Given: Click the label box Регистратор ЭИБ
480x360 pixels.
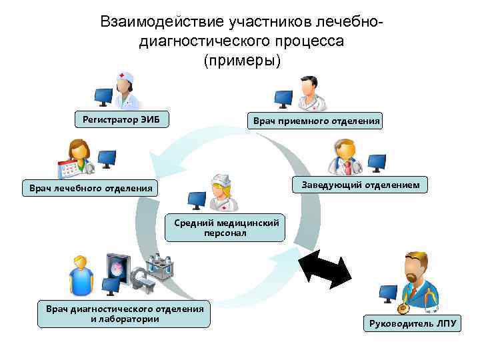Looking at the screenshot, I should tap(121, 120).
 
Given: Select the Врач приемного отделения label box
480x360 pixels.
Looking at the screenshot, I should tap(314, 121).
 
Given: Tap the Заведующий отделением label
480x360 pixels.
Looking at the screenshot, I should tap(360, 185).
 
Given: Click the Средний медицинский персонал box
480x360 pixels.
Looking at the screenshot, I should tap(226, 227).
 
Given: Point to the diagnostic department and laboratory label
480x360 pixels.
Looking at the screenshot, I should tap(124, 313).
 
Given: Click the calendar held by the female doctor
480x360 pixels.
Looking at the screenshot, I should tap(69, 169).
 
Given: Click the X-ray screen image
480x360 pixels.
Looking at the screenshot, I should tap(118, 269).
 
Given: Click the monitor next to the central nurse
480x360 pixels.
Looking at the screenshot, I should tap(196, 199).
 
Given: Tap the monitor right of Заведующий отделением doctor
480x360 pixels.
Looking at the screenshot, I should tap(377, 162).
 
